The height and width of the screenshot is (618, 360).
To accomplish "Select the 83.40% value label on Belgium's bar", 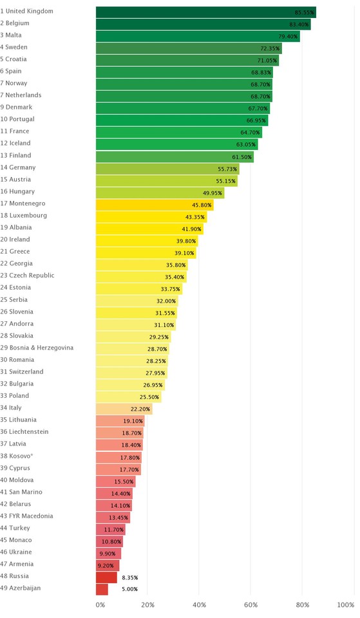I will coord(299,24).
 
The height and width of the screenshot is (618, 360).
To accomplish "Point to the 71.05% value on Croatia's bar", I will coord(267,61).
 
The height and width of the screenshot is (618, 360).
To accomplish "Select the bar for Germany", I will coord(167,169).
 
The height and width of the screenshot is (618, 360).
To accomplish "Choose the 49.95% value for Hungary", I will coord(213,192).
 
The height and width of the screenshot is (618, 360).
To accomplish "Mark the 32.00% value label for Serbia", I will coord(166,301).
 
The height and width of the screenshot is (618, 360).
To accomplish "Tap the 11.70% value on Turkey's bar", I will coord(114,529).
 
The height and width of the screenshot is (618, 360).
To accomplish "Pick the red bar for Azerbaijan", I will coord(102,589).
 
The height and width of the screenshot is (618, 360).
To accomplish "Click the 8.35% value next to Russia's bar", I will coord(129,577).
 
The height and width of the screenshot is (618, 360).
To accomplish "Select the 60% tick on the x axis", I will coord(251,605).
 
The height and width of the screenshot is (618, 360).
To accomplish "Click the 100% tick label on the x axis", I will coord(345,605).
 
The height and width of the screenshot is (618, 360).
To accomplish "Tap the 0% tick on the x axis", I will coord(100,605).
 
